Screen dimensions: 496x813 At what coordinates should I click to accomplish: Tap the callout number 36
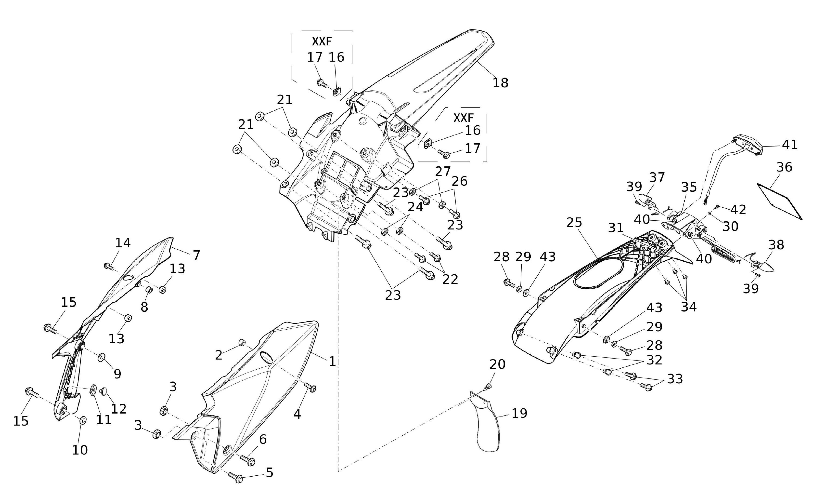click(784, 167)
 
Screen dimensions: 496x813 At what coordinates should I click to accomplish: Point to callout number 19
click(519, 413)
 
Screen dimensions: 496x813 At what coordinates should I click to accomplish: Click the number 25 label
click(574, 223)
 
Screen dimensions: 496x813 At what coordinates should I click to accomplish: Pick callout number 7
click(196, 255)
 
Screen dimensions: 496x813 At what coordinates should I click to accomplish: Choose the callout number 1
click(332, 361)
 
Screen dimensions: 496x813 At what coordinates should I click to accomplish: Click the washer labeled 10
click(83, 420)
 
